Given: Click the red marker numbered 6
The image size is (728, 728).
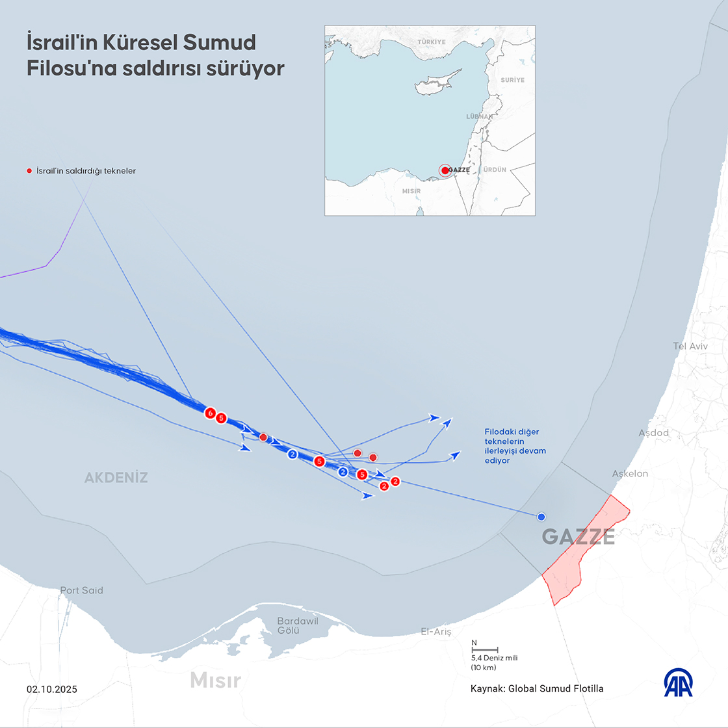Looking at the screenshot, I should pos(210,413).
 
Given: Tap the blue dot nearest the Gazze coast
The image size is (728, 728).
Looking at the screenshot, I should pos(541,517).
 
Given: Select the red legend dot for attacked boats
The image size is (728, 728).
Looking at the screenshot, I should pos(29,171).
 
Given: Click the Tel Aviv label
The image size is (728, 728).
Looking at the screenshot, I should pos(690,346).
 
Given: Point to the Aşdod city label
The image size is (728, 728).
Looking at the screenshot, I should pos(653,433).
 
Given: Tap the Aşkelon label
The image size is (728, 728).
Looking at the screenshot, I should pos(630,474).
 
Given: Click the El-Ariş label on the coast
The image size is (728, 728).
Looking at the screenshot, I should pos(435,632).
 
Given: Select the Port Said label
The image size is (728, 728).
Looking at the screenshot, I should pos(81,590).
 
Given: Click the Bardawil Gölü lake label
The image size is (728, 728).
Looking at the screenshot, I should pos(298,626).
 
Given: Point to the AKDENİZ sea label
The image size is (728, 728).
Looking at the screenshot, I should pos(116,478).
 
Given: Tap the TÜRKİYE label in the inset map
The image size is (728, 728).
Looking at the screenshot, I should pos(432,42).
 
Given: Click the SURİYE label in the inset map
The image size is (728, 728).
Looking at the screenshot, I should pos(512,79).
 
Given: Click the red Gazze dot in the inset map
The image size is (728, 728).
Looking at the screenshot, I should pos(445,170).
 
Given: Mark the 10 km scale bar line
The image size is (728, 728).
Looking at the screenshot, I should pos(484,649).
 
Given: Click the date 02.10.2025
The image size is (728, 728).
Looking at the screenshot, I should pos(52,689).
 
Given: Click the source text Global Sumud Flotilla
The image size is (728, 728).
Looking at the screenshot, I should pos(556,688).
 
